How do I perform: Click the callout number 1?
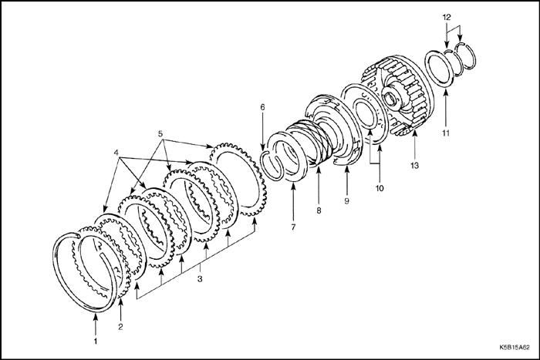coord(96,341)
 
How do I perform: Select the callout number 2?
coord(120,327)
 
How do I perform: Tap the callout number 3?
coord(200,279)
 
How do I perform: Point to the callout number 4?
coord(116,152)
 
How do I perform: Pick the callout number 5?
coord(160,134)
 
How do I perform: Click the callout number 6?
coord(263,107)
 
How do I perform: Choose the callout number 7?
coord(293,227)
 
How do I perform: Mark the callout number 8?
coord(319,210)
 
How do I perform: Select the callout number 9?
coord(346,200)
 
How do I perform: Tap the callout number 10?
coord(380,188)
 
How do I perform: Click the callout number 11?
coord(446,133)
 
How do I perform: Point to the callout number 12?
coord(447,17)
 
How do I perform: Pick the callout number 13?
coord(415,166)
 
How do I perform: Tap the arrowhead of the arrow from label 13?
coord(415,130)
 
